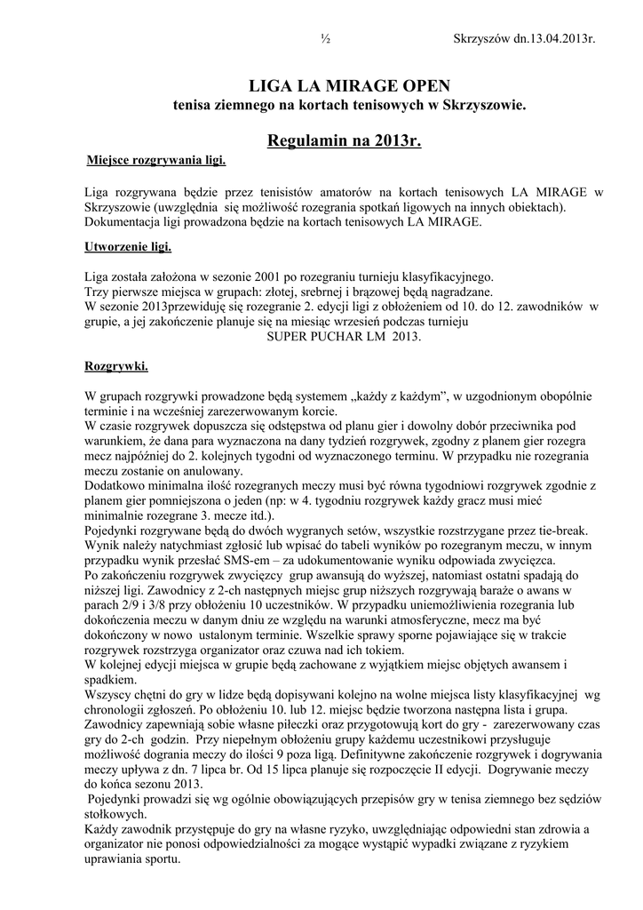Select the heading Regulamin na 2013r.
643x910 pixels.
click(344, 140)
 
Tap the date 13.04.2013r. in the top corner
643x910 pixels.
click(550, 38)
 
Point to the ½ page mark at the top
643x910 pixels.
click(325, 38)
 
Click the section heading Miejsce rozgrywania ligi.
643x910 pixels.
click(156, 161)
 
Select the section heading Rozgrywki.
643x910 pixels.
click(116, 365)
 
